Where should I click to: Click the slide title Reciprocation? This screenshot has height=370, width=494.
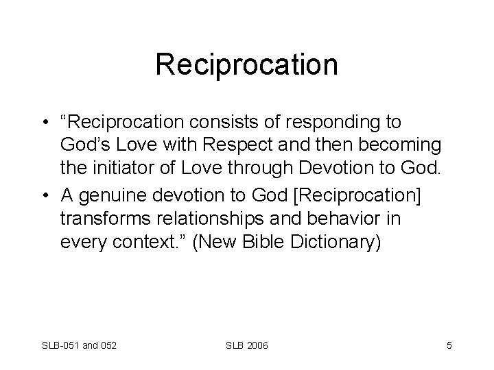pyautogui.click(x=246, y=65)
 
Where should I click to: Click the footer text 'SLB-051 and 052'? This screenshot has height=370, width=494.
pyautogui.click(x=80, y=345)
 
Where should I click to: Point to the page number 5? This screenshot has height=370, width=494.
pyautogui.click(x=449, y=345)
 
